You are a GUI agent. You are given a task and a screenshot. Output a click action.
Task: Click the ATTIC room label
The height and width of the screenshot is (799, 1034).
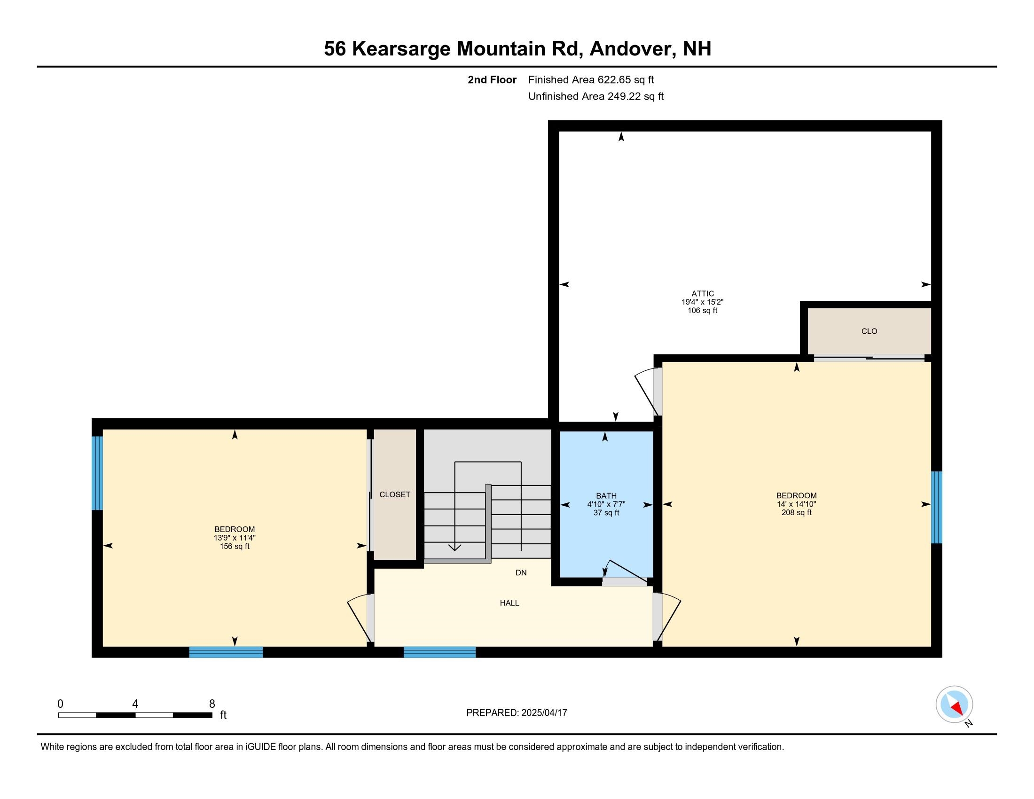coord(703,293)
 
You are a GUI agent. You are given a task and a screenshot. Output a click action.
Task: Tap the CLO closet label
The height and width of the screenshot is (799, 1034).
coord(869,331)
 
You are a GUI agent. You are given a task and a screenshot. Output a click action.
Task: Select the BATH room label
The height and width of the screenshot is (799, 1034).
coord(606,496)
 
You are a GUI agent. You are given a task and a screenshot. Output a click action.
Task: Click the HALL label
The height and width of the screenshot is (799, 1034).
coord(509,603)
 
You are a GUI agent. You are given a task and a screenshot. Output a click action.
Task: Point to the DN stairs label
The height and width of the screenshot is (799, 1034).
coord(521,573)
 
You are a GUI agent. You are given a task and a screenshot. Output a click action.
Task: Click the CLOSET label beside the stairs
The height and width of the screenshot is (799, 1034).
coord(395,494)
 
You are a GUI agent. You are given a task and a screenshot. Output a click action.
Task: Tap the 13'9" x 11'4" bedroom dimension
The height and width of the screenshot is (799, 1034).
coord(235,538)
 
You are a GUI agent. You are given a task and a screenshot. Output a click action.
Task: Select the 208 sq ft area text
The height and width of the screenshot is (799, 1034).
coord(796,513)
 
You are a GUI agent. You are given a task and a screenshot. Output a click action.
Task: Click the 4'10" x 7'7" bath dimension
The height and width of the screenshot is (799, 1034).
coord(606,505)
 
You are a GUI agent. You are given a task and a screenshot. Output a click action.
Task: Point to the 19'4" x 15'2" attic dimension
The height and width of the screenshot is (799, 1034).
coord(703,302)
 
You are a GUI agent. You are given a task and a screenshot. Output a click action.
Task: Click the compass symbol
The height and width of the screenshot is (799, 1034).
coord(955,705)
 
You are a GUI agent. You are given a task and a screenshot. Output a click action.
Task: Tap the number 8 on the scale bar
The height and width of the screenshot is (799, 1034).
coord(212,704)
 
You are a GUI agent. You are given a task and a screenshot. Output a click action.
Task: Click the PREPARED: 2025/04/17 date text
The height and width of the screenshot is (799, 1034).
coord(517,713)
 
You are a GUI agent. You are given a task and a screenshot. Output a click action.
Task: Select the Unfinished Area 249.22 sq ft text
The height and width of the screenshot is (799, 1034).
coord(595,96)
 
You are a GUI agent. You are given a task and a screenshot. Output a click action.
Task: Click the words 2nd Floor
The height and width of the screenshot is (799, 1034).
coord(492,80)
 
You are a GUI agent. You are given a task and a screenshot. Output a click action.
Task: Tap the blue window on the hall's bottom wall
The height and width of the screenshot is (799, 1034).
coord(439,652)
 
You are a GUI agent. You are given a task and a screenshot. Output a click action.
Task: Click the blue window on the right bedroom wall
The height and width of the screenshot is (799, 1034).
coord(936,508)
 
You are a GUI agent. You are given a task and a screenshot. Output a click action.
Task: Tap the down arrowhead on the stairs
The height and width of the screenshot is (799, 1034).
coord(454,548)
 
